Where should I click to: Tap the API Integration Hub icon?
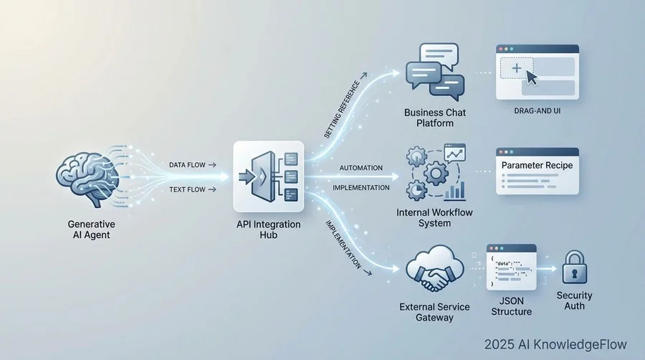pyautogui.click(x=269, y=176)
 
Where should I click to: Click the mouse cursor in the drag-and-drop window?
pyautogui.click(x=531, y=77)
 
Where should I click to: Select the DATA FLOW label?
pyautogui.click(x=188, y=165)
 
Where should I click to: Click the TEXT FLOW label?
pyautogui.click(x=188, y=190)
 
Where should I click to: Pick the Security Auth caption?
pyautogui.click(x=575, y=300)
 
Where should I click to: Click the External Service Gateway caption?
pyautogui.click(x=435, y=312)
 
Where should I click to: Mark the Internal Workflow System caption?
pyautogui.click(x=434, y=218)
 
